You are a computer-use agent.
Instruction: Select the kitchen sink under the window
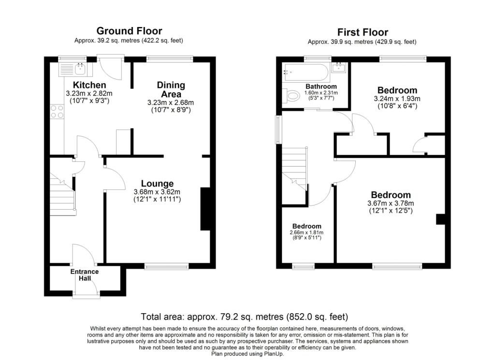[x=72, y=71]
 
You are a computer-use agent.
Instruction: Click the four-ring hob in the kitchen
[x=57, y=112]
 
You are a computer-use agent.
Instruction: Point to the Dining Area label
[x=171, y=89]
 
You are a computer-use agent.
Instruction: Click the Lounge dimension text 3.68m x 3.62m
[x=157, y=192]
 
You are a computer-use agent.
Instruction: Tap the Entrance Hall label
[x=85, y=275]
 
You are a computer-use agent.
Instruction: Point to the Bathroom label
[x=321, y=86]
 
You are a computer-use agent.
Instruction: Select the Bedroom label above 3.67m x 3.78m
[x=391, y=195]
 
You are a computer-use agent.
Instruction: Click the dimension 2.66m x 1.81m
[x=306, y=232]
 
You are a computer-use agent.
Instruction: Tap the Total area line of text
[x=244, y=317]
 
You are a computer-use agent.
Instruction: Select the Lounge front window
[x=166, y=266]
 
